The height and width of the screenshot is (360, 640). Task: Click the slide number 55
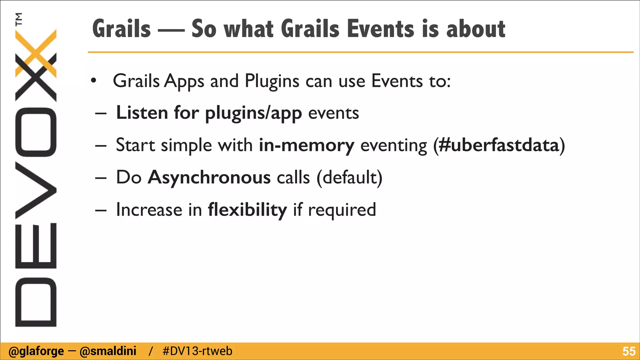click(x=629, y=351)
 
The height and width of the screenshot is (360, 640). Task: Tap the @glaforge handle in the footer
click(x=36, y=351)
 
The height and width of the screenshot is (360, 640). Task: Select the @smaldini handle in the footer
click(x=108, y=351)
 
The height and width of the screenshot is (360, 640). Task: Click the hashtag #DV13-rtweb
click(x=197, y=351)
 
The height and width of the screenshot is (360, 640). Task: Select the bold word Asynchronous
click(x=209, y=177)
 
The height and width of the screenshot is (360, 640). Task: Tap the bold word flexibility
click(x=247, y=210)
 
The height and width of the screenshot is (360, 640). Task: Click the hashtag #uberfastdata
click(x=499, y=145)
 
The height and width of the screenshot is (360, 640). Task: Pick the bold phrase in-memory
click(x=307, y=145)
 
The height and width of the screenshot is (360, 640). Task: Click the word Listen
click(x=142, y=113)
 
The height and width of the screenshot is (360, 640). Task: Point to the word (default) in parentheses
click(x=349, y=177)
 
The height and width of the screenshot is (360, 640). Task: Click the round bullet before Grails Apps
click(x=93, y=81)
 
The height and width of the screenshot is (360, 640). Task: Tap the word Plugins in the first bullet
click(x=272, y=81)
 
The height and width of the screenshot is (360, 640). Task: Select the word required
click(x=342, y=210)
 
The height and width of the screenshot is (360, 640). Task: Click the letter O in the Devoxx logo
click(x=36, y=132)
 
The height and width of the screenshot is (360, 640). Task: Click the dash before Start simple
click(x=101, y=146)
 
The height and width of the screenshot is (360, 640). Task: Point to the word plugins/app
click(x=253, y=113)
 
